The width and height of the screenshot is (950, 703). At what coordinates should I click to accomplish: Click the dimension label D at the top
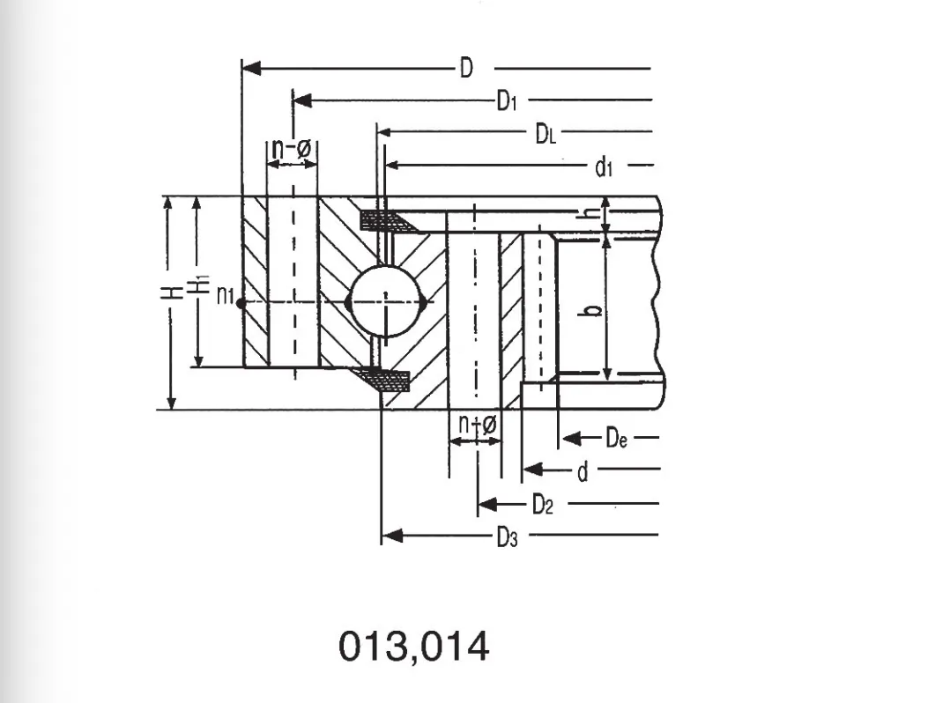[x=466, y=67]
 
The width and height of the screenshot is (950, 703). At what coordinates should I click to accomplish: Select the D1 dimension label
[x=506, y=101]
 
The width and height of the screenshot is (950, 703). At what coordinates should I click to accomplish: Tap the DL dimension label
[x=546, y=134]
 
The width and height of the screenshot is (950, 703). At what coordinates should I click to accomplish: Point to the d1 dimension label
[x=604, y=166]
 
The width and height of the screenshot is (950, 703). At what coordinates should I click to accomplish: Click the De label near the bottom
[x=616, y=437]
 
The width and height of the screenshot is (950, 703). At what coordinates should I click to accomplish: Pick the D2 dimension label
[x=543, y=505]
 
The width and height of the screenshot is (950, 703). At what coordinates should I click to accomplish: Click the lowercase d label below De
[x=582, y=472]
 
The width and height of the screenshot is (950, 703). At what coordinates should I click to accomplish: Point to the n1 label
[x=225, y=296]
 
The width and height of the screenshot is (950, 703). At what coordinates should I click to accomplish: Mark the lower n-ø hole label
[x=477, y=425]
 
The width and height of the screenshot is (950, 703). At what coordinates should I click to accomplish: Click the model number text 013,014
[x=413, y=647]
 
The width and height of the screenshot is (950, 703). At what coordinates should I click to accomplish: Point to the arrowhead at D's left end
[x=250, y=68]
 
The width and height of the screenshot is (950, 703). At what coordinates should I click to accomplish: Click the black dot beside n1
[x=241, y=302]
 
